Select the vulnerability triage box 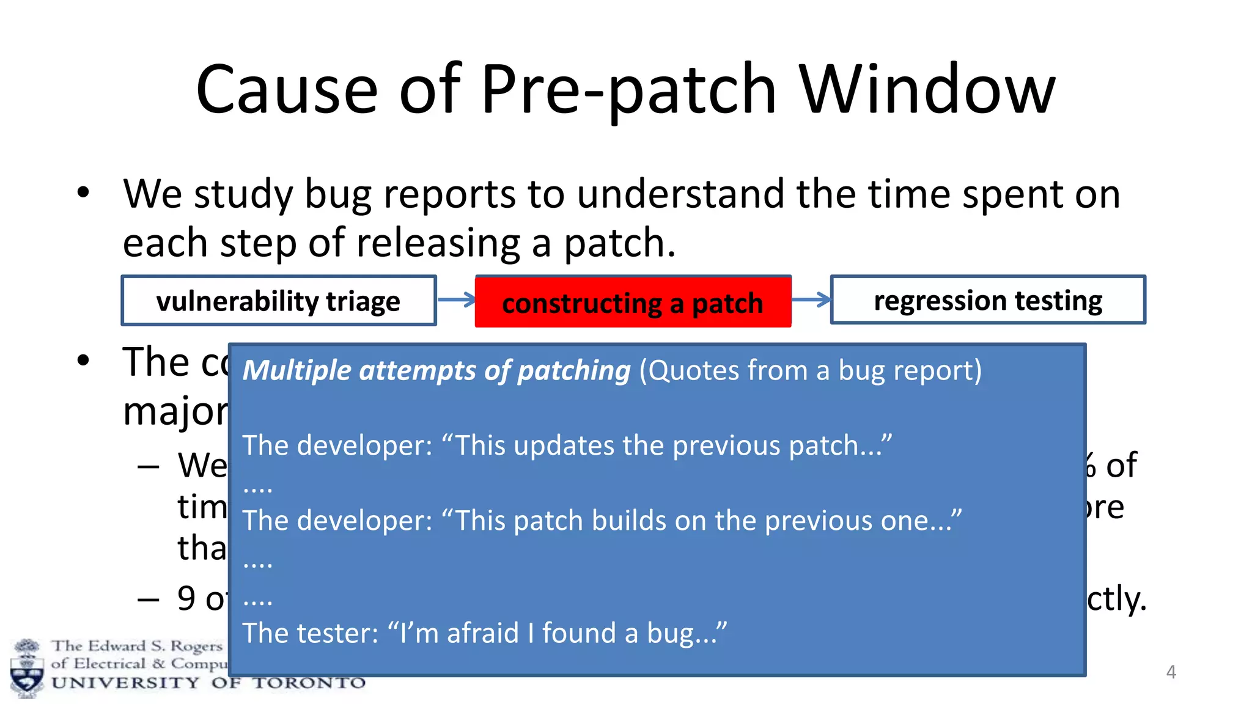278,301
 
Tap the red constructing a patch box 633,302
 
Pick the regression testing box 987,300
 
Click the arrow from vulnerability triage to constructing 456,299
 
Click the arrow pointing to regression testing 811,299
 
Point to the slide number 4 1171,672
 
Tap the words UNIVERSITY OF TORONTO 208,683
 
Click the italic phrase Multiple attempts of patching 436,370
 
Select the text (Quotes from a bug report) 810,370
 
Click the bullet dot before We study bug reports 83,193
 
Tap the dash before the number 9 149,599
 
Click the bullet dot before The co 83,361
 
